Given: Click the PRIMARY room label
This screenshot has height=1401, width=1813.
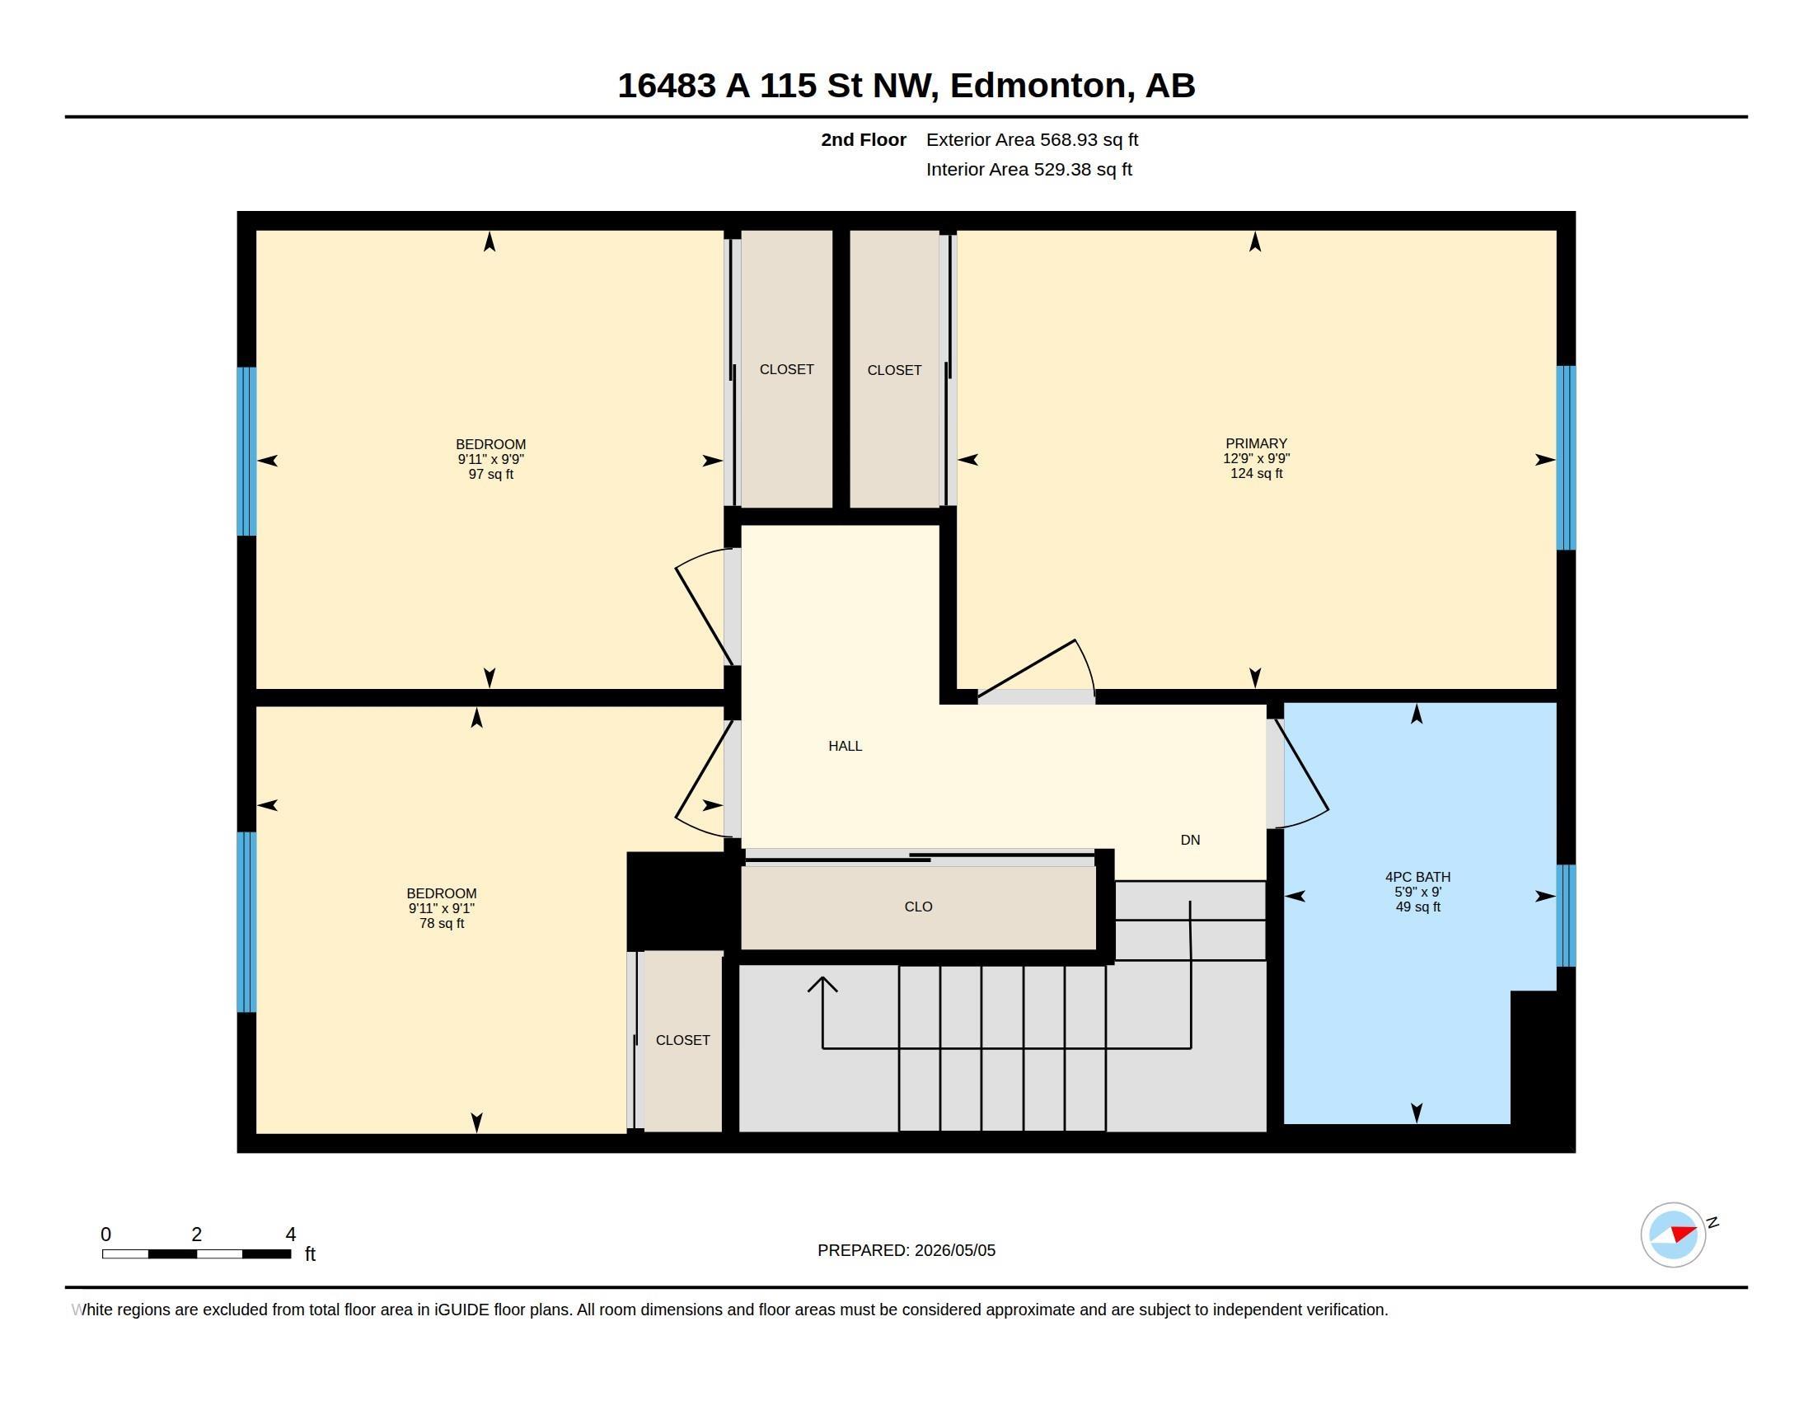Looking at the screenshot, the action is (x=1256, y=443).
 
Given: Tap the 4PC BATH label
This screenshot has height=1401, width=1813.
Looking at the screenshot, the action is (x=1418, y=877).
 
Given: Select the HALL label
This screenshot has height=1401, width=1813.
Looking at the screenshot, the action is (x=845, y=746).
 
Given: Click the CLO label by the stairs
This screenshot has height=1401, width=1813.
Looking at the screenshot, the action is (x=918, y=907).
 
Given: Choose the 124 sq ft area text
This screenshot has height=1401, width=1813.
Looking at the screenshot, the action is (x=1256, y=473).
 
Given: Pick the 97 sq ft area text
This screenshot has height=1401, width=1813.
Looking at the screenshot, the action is (x=490, y=474).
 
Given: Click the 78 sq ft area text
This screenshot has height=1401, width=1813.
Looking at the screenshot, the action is (x=442, y=923).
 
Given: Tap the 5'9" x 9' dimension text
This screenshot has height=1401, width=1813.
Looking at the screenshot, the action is (x=1418, y=892).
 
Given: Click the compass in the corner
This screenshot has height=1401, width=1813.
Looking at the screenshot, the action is (x=1673, y=1235).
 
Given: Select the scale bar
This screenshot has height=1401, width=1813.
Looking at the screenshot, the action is (x=197, y=1253).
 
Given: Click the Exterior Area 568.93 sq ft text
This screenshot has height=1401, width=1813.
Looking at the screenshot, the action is (x=1032, y=139).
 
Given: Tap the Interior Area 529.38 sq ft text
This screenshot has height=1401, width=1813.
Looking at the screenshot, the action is (x=1028, y=169).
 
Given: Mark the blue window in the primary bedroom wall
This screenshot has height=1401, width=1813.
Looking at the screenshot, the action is (x=1566, y=457).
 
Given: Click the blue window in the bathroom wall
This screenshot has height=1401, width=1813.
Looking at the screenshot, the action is (x=1566, y=916).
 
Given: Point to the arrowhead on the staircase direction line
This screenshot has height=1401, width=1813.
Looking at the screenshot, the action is (x=822, y=983).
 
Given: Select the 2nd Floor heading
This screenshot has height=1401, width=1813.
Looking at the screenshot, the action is (x=864, y=139).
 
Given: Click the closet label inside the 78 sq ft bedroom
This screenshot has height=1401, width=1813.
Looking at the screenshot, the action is (x=682, y=1040).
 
